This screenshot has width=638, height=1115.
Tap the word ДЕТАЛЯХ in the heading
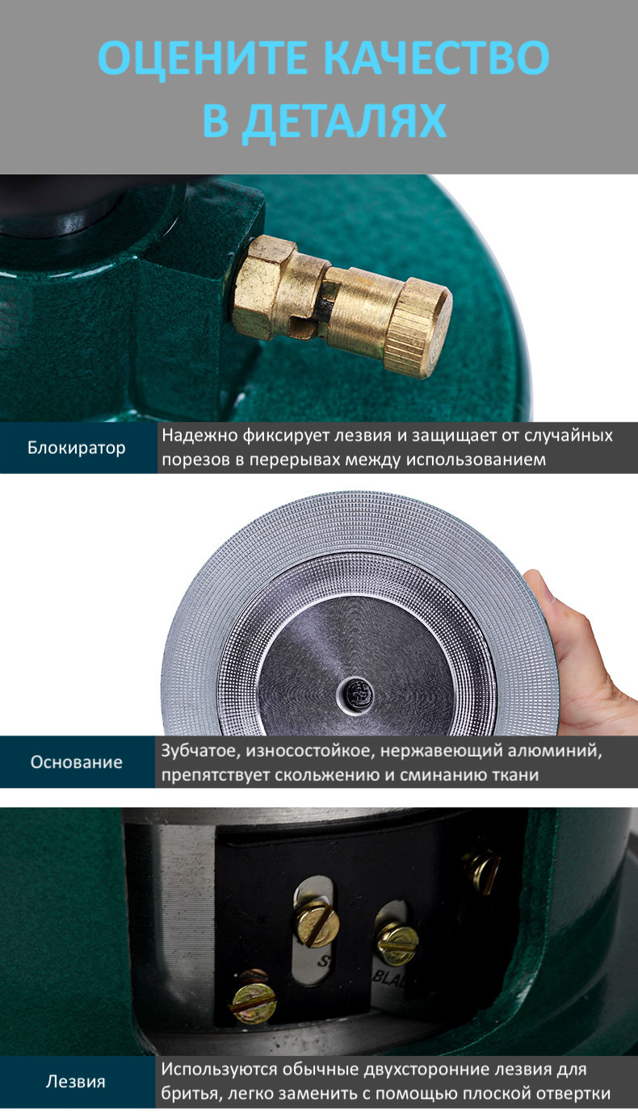(344, 120)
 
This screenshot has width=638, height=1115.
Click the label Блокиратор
(77, 448)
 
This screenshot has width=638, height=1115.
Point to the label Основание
(76, 762)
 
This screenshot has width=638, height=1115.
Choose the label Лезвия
(76, 1081)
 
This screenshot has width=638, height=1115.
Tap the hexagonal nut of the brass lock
(263, 287)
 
